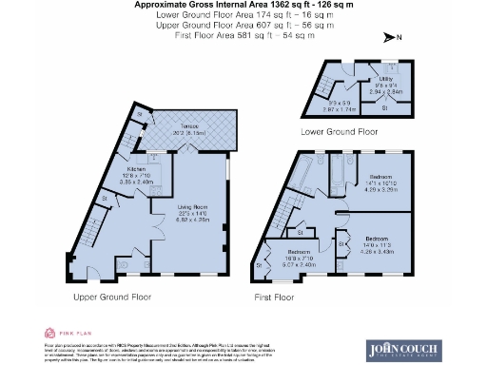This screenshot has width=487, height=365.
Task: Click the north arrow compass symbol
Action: coord(391,37)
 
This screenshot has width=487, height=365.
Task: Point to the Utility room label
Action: coord(385,80)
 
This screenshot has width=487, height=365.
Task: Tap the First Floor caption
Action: coord(275,298)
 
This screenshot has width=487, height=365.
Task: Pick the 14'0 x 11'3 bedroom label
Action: coord(379,244)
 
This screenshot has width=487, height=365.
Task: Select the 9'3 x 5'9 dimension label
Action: coord(339,105)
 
